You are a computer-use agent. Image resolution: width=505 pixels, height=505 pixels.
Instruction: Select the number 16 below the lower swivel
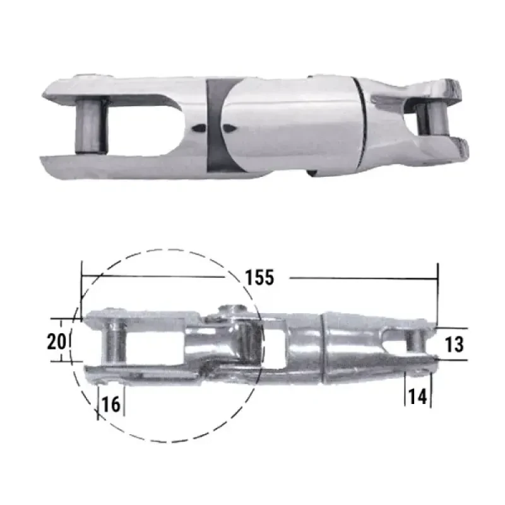(111, 404)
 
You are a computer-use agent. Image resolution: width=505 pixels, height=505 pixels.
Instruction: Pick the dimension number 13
(454, 345)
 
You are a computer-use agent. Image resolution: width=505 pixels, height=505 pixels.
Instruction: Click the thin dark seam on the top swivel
(362, 123)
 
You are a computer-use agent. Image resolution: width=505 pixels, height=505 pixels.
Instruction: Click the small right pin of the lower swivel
(415, 341)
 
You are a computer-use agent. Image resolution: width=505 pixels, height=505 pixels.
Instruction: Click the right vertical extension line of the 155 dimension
(437, 294)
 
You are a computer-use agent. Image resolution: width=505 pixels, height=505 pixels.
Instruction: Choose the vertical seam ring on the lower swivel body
(324, 347)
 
